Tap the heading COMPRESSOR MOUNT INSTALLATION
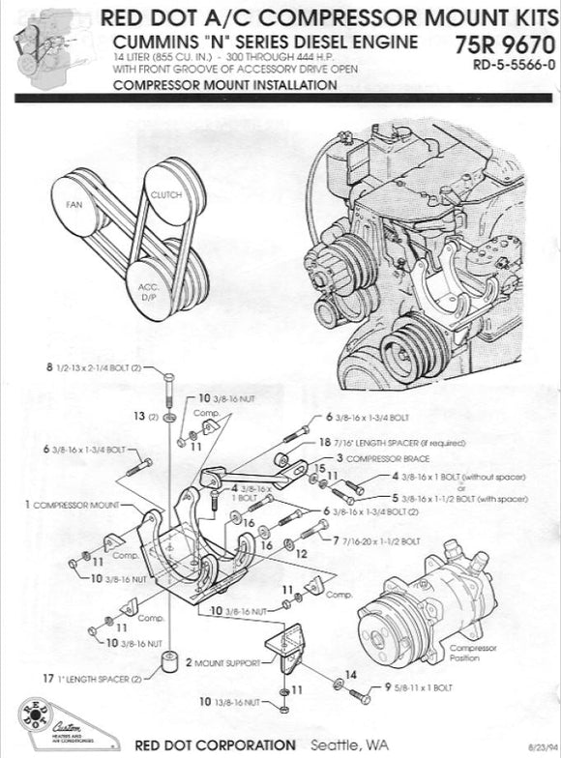(224, 85)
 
